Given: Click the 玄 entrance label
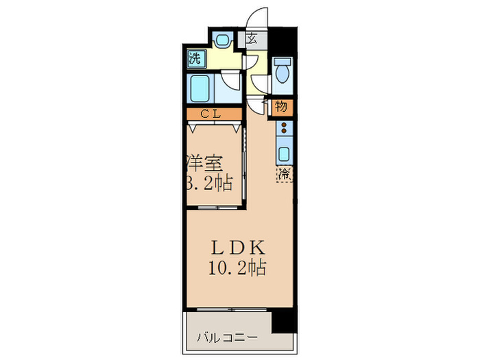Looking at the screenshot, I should tap(252, 39).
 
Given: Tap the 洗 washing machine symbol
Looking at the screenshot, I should tap(195, 58).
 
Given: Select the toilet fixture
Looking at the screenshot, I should tap(281, 71).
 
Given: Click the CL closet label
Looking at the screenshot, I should tap(211, 115).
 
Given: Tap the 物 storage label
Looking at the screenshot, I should tap(281, 106).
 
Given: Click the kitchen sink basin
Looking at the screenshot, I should tap(284, 152).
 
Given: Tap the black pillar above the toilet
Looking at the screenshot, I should tap(282, 40).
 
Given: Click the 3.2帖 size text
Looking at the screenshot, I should tap(208, 183).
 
